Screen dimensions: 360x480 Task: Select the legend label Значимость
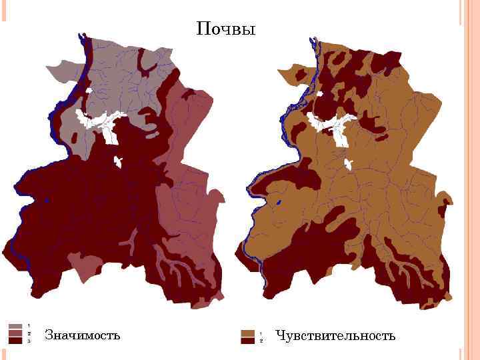[82, 335]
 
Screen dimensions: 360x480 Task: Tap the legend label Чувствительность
[335, 335]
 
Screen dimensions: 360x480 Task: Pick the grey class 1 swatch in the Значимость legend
[15, 327]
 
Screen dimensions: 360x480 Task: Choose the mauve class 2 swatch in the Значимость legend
[15, 333]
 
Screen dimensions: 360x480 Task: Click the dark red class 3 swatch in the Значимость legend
[15, 340]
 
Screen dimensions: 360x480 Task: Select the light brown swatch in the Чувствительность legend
[248, 333]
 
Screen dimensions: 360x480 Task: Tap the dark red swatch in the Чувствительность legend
[248, 340]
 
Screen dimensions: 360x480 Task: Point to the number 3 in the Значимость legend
[29, 341]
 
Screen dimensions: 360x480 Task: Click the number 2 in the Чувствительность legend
[261, 341]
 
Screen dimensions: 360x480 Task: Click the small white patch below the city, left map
[118, 161]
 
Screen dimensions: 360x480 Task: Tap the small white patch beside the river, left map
[88, 90]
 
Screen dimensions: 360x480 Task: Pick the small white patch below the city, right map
[347, 164]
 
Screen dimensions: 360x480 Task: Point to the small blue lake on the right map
[278, 202]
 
